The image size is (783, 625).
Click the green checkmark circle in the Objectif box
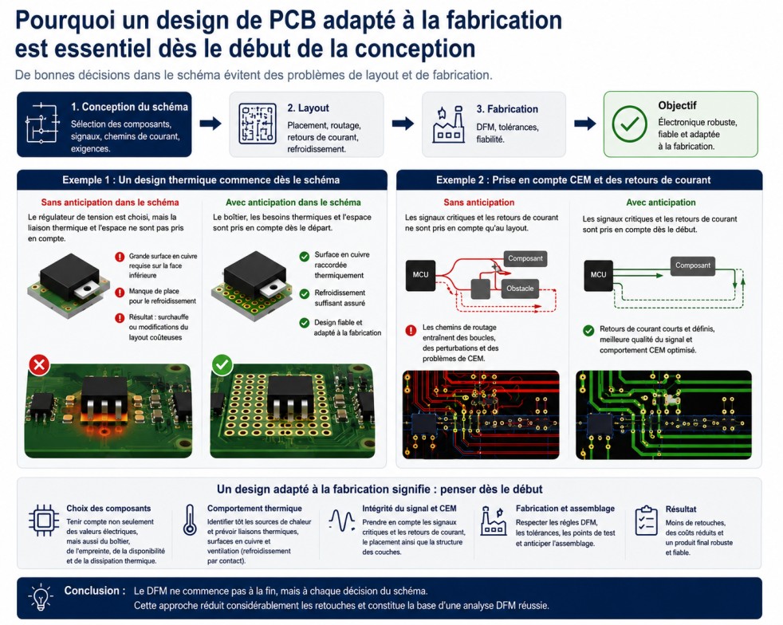coord(629,124)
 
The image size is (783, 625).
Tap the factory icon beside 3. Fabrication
coord(448,124)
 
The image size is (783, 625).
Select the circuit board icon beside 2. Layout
coord(258,124)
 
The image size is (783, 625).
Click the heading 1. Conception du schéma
coord(129,107)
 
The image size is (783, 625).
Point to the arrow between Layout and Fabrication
coord(403,124)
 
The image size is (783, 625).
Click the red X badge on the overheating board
coord(39,365)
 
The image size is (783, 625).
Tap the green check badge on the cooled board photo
coord(222,365)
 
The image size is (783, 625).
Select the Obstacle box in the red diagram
coord(520,289)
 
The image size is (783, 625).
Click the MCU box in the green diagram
coord(598,275)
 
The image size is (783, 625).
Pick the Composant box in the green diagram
coord(693,265)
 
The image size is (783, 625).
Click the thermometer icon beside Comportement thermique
coord(190,520)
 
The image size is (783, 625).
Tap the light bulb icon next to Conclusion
coord(41,596)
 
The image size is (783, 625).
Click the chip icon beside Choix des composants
coord(43,520)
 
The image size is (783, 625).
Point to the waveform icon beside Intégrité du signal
coord(341,520)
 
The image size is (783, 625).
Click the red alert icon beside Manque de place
coord(120,292)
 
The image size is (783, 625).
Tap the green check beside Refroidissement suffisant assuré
coord(304,294)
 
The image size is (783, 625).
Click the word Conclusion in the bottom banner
coord(91,591)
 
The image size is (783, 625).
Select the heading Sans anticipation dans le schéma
coord(110,202)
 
